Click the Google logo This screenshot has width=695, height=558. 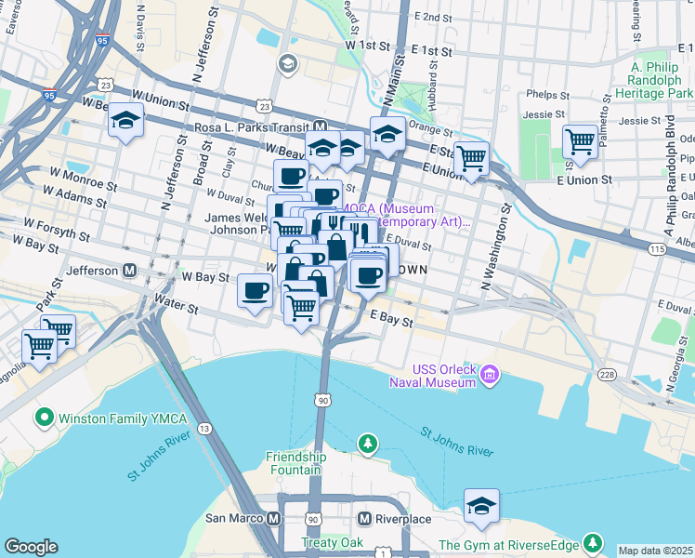[x=31, y=547]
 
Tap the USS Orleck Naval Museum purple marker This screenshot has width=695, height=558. [x=490, y=376]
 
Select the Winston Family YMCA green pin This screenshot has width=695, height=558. [x=44, y=418]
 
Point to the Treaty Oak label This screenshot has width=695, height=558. [x=325, y=542]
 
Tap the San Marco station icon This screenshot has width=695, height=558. [x=273, y=518]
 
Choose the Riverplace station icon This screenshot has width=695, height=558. [x=365, y=518]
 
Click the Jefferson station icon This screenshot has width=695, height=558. [x=130, y=271]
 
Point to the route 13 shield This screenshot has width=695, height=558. [x=203, y=428]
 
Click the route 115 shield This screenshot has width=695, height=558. [x=658, y=249]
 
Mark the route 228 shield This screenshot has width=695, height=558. [x=607, y=374]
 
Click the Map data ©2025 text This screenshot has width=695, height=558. [x=655, y=551]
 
